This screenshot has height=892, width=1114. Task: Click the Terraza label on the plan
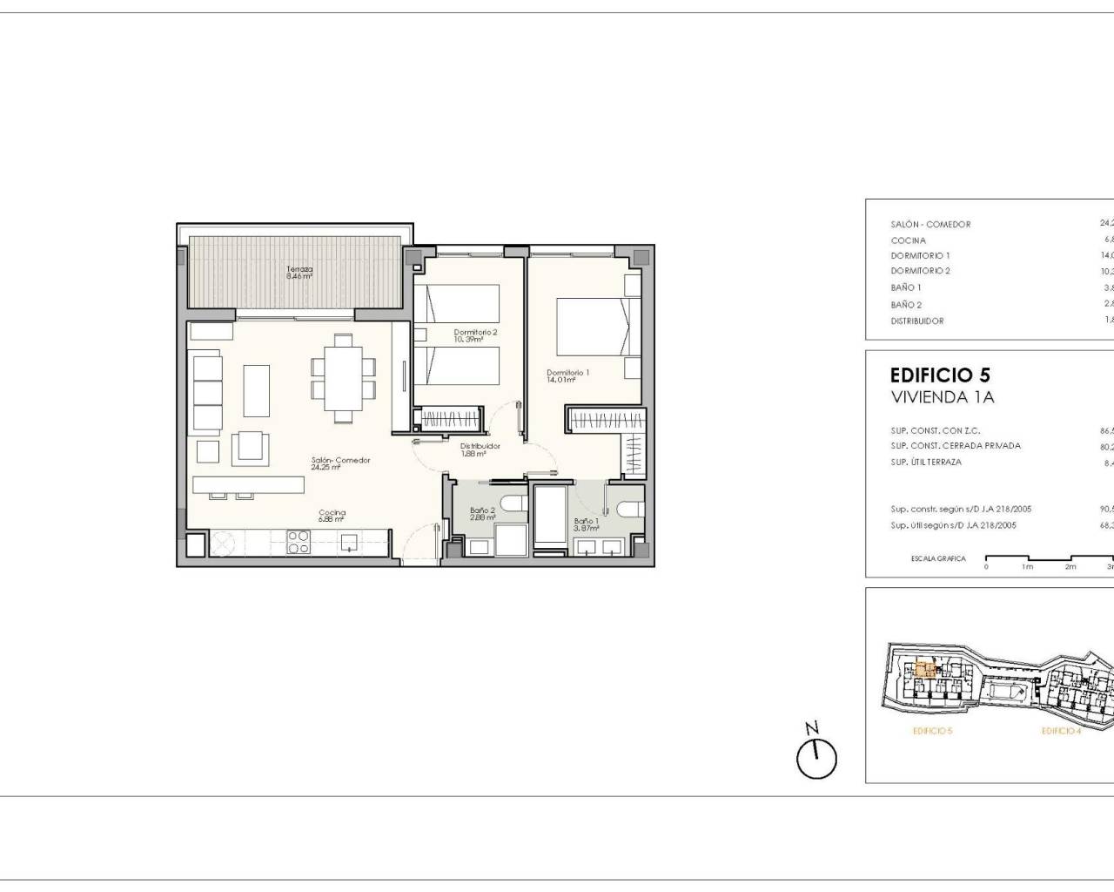point(299,273)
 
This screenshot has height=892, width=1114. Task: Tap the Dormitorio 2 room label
point(475,335)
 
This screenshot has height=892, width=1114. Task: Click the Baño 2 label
point(482,514)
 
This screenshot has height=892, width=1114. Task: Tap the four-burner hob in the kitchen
point(299,543)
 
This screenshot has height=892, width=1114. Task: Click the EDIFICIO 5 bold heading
point(940,375)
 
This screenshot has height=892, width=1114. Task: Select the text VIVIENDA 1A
point(942,398)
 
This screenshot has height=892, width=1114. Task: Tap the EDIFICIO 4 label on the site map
point(1061,731)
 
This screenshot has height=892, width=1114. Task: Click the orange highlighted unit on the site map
point(925,671)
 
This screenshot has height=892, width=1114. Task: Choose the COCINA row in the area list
point(909,240)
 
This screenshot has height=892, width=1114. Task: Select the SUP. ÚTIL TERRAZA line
point(926,463)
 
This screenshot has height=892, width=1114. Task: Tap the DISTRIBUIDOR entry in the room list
point(916,321)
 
